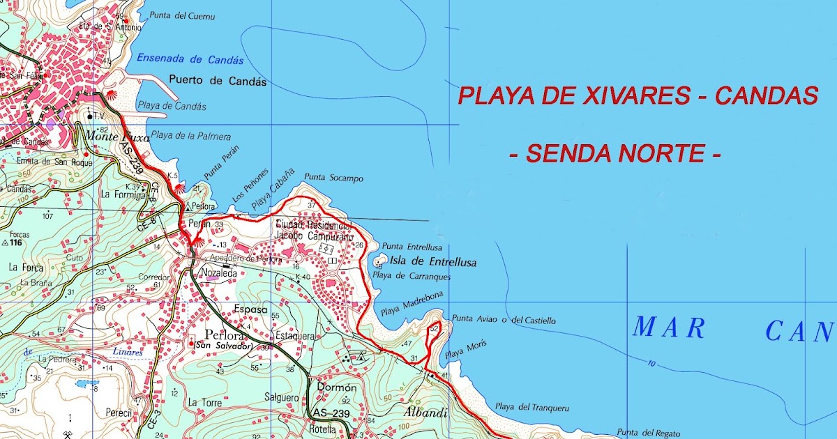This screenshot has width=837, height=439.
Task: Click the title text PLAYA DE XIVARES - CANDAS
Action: [x=638, y=96]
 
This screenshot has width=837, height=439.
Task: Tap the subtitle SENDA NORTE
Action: [x=614, y=153]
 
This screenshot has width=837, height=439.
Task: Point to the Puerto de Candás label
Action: [x=218, y=81]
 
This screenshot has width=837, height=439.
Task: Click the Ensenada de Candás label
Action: [x=190, y=60]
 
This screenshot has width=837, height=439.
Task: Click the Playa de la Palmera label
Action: [x=190, y=137]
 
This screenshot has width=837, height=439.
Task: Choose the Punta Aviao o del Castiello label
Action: [x=504, y=321]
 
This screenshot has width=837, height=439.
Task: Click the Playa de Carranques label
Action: [x=412, y=276]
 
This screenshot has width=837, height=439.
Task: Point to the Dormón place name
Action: [x=337, y=387]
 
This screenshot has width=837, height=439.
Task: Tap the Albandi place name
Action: [x=425, y=413]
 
